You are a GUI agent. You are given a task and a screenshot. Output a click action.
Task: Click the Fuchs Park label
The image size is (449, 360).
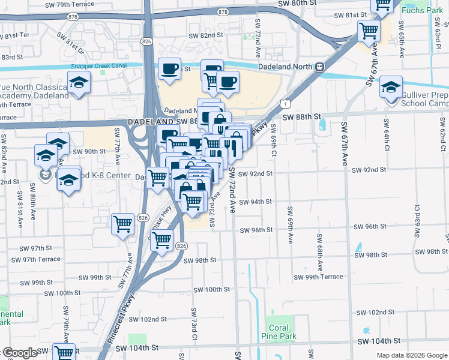422,10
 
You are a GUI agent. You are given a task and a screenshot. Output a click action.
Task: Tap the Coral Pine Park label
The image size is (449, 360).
279,332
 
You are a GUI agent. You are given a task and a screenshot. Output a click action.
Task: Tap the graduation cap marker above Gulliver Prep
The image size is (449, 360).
391,88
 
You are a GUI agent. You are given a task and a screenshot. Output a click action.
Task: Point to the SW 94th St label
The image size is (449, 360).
256,202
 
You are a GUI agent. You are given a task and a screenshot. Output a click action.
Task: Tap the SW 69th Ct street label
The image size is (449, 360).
273,140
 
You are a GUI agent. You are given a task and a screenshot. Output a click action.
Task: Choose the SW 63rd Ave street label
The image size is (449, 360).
416,219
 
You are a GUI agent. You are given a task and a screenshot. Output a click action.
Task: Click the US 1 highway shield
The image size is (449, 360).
289,103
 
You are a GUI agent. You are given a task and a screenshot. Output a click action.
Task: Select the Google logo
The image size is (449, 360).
19,353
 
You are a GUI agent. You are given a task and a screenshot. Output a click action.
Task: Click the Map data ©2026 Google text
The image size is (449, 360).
411,355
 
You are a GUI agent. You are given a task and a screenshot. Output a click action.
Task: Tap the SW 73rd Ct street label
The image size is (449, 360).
194,324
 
